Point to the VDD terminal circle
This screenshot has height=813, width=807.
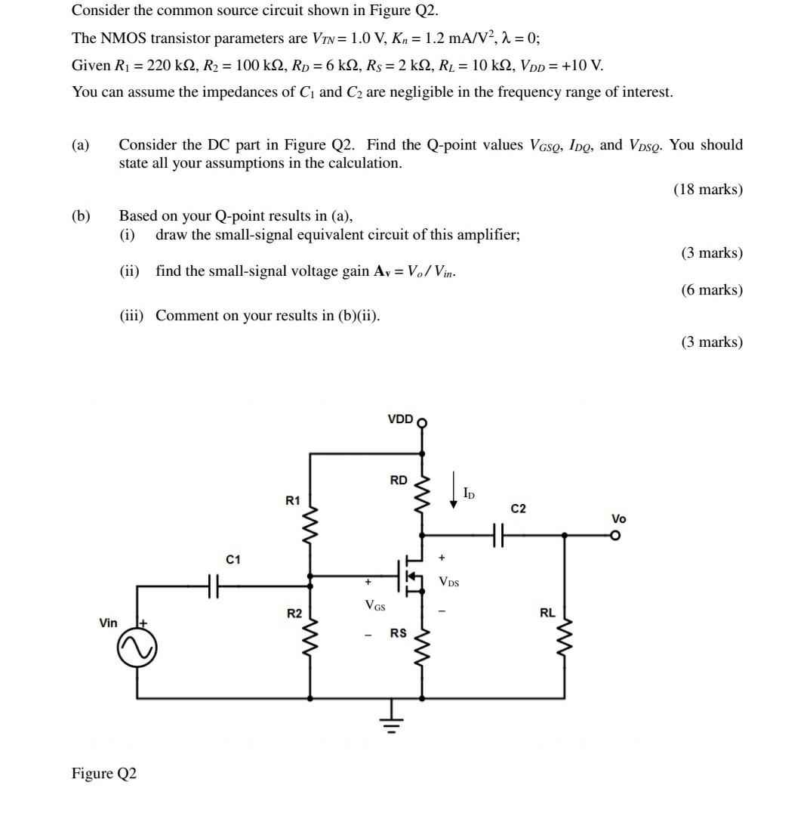point(422,423)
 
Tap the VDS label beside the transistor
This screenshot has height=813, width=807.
point(448,582)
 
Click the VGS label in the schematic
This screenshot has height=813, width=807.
point(374,604)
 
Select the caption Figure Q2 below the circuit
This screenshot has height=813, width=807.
point(104,774)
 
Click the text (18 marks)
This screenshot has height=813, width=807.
point(707,189)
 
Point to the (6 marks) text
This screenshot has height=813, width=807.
point(712,289)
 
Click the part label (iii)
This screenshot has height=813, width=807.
point(134,316)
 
